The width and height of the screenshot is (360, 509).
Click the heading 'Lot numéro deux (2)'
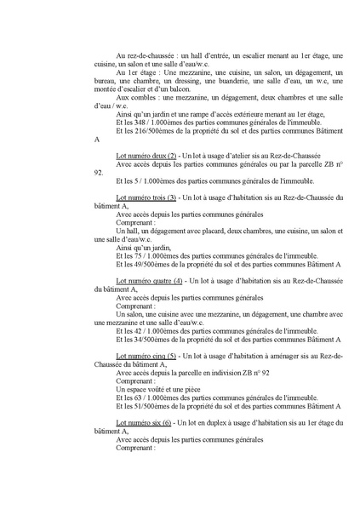click(x=146, y=157)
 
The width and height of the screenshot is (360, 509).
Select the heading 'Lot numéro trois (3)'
click(x=146, y=197)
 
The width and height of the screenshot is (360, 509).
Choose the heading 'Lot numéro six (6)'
click(x=144, y=422)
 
